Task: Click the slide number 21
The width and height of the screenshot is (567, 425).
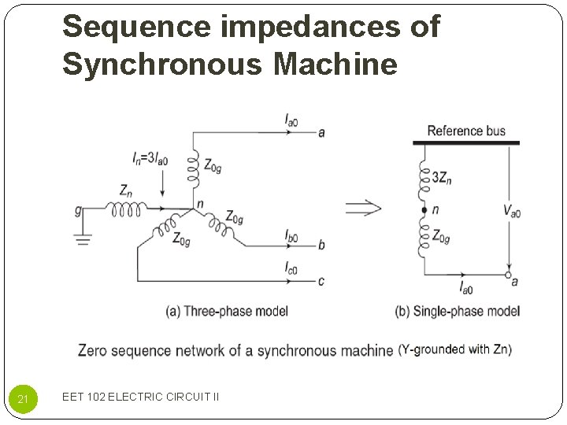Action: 23,400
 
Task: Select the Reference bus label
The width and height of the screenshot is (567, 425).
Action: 466,131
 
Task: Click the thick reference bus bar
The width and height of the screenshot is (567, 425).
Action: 466,143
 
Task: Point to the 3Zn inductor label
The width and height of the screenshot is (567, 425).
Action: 442,178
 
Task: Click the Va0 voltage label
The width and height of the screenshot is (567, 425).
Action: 512,210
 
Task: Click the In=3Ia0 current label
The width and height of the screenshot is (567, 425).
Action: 150,159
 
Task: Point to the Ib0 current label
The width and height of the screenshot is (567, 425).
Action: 291,235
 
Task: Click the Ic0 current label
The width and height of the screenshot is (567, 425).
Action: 291,269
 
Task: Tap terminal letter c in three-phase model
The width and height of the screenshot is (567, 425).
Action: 321,281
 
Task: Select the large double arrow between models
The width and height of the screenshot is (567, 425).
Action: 363,208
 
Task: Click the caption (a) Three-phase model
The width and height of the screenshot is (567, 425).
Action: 227,311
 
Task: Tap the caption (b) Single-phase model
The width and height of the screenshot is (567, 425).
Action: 457,311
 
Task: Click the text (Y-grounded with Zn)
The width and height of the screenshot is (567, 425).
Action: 454,349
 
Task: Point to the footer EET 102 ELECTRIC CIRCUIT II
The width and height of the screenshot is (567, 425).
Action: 140,397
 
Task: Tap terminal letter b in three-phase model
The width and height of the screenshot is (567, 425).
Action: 321,245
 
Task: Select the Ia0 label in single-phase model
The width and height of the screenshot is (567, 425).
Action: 465,289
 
